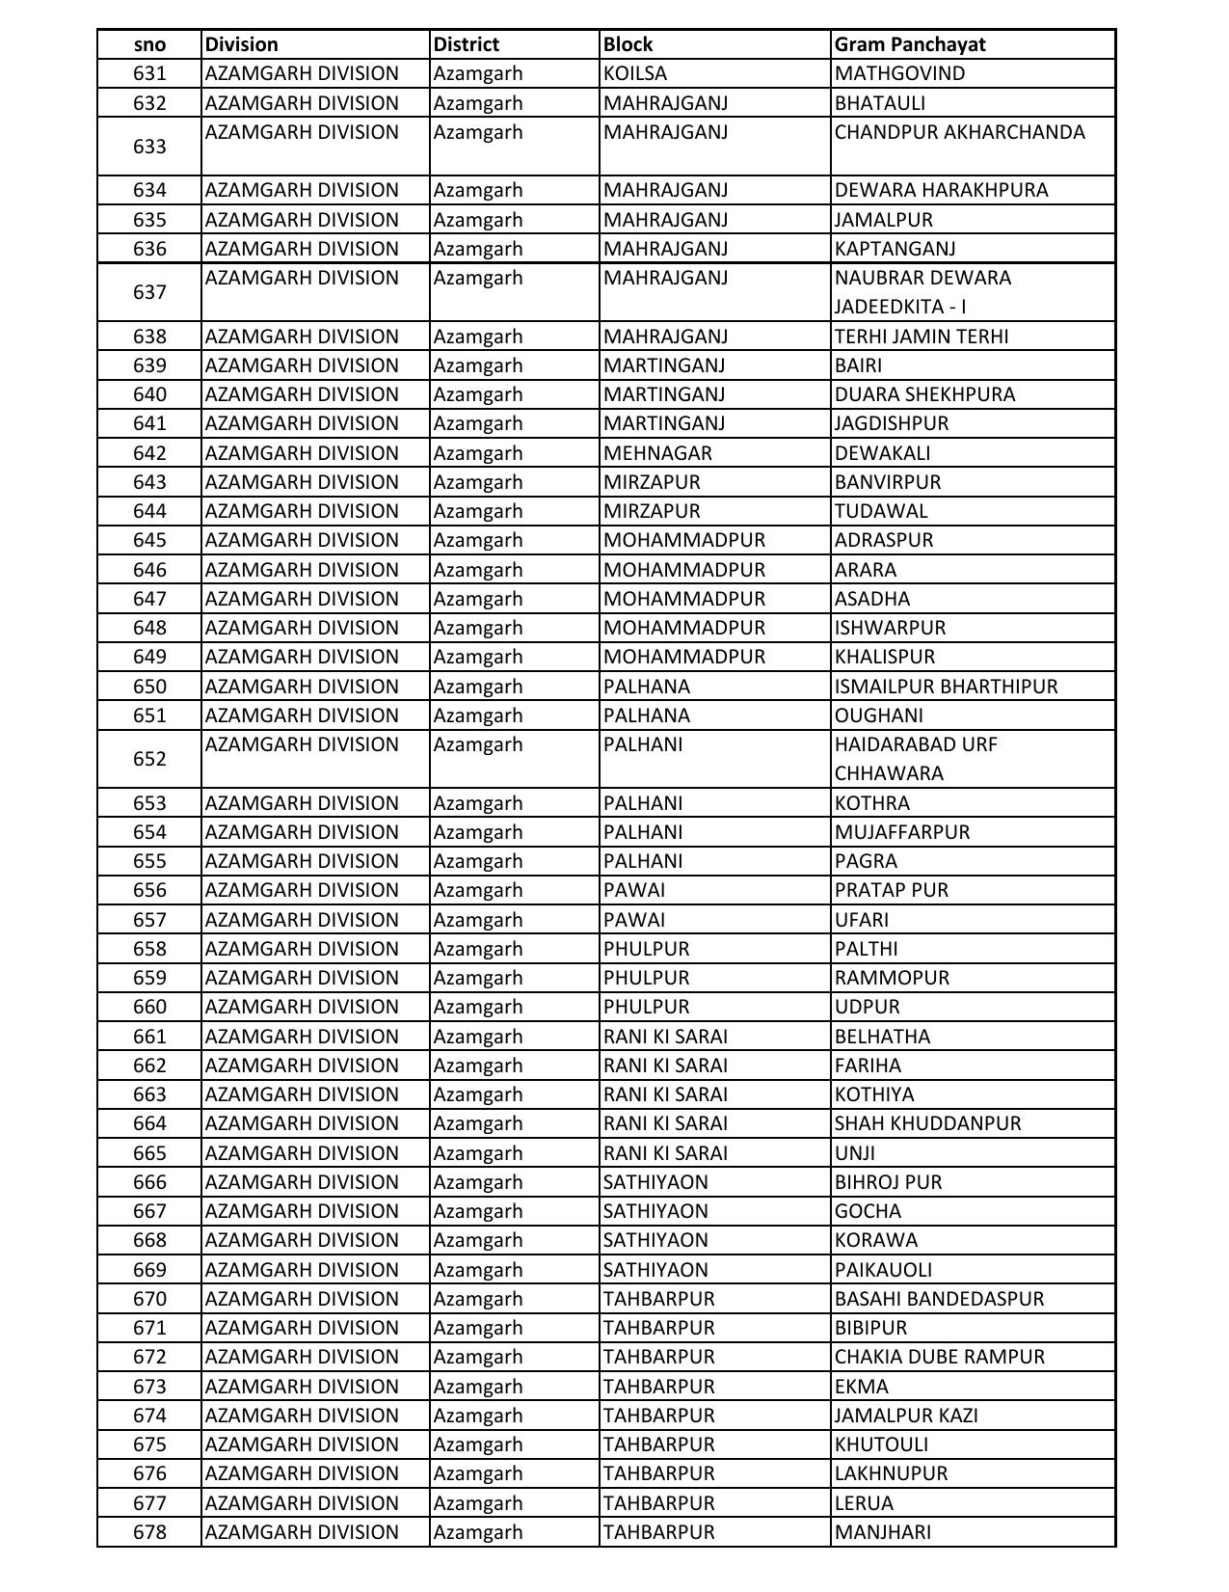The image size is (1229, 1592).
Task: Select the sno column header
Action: point(149,44)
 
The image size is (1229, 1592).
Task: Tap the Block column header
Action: point(628,44)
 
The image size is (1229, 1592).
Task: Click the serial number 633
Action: point(149,147)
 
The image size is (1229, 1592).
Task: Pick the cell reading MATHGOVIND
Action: point(899,73)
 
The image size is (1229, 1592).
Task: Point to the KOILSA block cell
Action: point(634,73)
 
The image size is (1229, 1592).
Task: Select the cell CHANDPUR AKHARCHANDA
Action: point(959,132)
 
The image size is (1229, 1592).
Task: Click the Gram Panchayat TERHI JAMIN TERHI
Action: point(921,337)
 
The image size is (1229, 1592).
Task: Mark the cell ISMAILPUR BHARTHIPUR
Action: point(946,687)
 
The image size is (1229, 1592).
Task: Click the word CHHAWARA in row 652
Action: point(889,773)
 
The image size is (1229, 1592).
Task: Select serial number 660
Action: point(149,1007)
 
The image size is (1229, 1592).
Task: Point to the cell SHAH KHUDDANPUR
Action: point(927,1123)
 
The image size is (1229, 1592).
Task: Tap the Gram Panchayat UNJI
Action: point(854,1153)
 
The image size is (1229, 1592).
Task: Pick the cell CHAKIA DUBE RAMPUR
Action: point(939,1357)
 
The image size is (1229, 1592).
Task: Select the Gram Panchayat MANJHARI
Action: point(882,1532)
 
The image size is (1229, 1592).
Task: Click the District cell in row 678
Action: point(477,1532)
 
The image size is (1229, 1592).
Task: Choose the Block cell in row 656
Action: point(634,890)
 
